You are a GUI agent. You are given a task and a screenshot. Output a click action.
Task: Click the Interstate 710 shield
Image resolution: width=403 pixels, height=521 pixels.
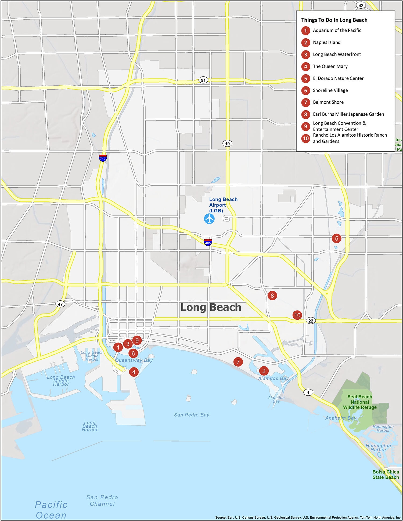tap(103, 158)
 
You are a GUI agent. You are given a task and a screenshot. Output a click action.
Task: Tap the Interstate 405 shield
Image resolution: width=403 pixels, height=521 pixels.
tap(208, 242)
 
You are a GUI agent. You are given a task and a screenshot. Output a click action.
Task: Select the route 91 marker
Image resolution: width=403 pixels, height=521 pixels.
tap(203, 80)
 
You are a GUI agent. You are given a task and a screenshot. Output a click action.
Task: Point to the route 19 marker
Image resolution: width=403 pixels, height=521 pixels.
tap(227, 143)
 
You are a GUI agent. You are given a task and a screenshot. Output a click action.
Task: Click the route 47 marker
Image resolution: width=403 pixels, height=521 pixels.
tap(60, 304)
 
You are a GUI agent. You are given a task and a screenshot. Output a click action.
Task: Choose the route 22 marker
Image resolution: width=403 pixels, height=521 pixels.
tap(311, 321)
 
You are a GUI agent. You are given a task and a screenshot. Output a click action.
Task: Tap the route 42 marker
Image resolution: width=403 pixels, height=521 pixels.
tap(361, 5)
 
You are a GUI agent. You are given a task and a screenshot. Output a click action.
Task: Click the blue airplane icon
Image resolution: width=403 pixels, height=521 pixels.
tap(209, 219)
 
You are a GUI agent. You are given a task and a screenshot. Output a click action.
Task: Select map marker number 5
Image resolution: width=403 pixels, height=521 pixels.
tap(336, 238)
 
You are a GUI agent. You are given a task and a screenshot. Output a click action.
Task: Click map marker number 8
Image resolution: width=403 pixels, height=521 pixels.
tap(272, 296)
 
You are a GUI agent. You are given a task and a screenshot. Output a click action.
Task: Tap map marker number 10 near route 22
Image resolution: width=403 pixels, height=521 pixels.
tap(297, 315)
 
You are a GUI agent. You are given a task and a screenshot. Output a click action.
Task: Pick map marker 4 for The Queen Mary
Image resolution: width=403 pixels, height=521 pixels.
tap(134, 372)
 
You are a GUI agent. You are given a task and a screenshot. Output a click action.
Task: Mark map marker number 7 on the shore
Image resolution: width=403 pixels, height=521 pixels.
tap(238, 362)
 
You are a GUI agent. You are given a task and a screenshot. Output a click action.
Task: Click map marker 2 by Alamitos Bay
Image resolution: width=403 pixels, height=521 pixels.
tap(264, 371)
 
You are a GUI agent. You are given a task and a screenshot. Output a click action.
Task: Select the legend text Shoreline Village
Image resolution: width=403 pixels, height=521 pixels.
tap(330, 90)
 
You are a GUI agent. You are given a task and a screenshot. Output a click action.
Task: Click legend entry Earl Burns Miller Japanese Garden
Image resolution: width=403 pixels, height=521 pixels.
tap(348, 114)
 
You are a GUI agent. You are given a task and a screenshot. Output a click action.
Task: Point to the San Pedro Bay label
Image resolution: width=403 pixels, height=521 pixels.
tap(192, 415)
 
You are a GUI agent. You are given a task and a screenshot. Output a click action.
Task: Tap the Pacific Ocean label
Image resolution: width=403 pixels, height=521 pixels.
tap(51, 510)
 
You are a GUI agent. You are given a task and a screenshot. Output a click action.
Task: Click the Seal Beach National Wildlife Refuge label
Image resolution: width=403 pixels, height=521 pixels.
tap(360, 402)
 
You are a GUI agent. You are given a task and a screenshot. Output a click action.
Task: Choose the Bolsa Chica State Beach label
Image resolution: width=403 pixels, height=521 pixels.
tap(386, 475)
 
